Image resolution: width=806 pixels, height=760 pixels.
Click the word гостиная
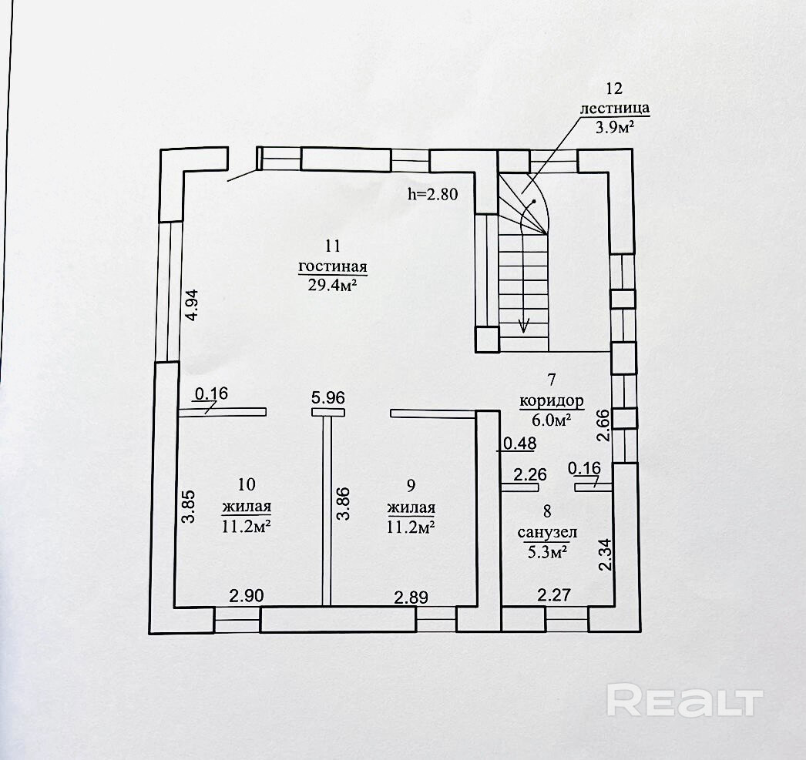coord(333,267)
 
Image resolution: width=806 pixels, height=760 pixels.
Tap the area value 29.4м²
coord(333,285)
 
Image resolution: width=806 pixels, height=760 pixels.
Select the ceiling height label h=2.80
coord(432,193)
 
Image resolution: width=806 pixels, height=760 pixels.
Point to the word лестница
coord(615,109)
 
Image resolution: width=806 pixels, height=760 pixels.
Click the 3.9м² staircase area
coord(614,127)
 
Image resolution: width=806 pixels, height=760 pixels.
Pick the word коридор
coord(552,400)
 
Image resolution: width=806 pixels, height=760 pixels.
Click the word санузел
coord(547,533)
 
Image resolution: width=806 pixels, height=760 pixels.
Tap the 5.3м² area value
coord(547,551)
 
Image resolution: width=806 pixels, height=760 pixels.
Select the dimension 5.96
coord(328,398)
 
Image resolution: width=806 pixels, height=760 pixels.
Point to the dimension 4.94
coord(190,305)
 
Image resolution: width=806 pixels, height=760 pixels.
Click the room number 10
coord(247,484)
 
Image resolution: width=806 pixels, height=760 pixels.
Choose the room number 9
coord(411,485)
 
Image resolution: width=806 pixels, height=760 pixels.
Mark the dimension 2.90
coord(247,596)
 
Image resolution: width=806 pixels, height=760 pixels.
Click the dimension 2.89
coord(411,598)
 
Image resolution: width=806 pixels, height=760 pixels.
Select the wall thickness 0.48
coord(519,444)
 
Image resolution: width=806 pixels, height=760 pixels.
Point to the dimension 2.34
coord(606,554)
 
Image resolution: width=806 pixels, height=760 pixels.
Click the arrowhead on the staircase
coord(524,326)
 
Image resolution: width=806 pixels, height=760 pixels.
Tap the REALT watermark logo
coord(685,699)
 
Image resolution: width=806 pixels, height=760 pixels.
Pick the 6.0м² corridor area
coord(552,421)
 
